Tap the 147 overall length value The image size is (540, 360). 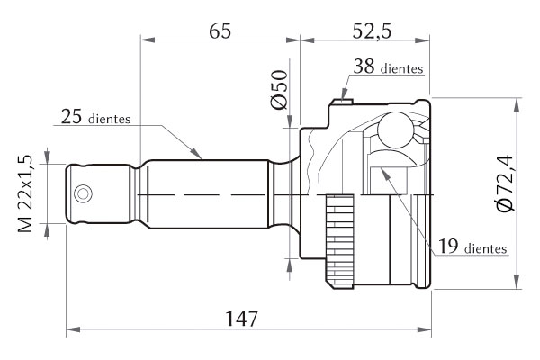[x=242, y=318]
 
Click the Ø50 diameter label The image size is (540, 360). [x=280, y=90]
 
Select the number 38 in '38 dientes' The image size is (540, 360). [x=364, y=67]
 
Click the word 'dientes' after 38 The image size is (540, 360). [x=402, y=68]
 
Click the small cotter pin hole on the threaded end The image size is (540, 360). [x=84, y=193]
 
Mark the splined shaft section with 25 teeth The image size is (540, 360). [x=207, y=193]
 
